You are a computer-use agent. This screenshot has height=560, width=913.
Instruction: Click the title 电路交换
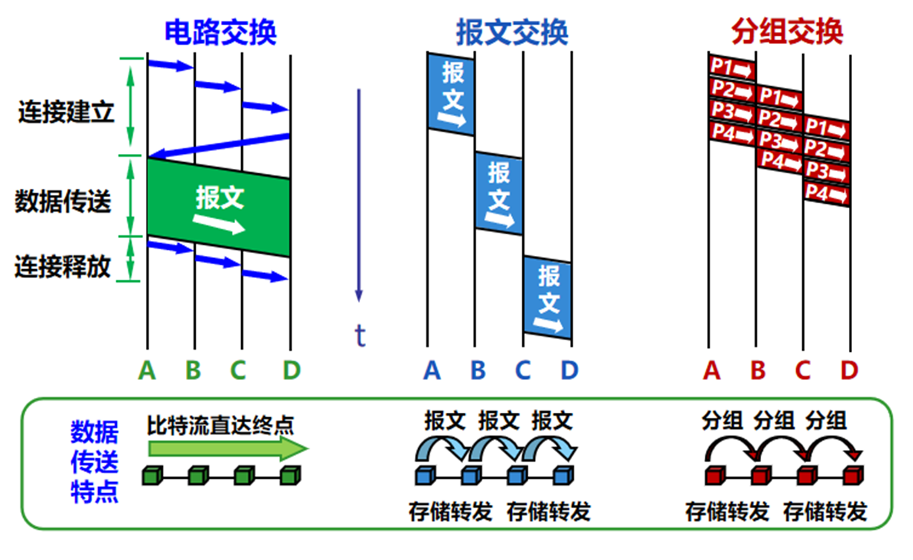coord(220,33)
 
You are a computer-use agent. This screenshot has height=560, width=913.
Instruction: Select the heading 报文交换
coord(512,33)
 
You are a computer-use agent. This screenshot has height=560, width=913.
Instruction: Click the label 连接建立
coord(65,114)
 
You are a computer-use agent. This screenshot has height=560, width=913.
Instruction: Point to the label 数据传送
coord(63,201)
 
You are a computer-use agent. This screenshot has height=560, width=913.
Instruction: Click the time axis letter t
coord(360,336)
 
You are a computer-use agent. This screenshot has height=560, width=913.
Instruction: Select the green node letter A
coord(147,370)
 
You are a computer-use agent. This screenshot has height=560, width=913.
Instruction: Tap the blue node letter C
coord(523,370)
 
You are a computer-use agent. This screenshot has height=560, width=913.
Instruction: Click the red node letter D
coord(850,370)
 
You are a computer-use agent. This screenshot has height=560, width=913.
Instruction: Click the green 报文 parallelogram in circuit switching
coord(219,207)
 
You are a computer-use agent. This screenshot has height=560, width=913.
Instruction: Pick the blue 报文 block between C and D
coord(548,298)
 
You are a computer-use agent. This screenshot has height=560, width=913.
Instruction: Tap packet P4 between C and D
coord(827,194)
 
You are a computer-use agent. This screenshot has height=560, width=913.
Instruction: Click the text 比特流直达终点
coord(220,425)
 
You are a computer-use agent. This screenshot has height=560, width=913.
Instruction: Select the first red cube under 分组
coord(714,474)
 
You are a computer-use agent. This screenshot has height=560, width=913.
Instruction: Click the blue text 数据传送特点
coord(94,462)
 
